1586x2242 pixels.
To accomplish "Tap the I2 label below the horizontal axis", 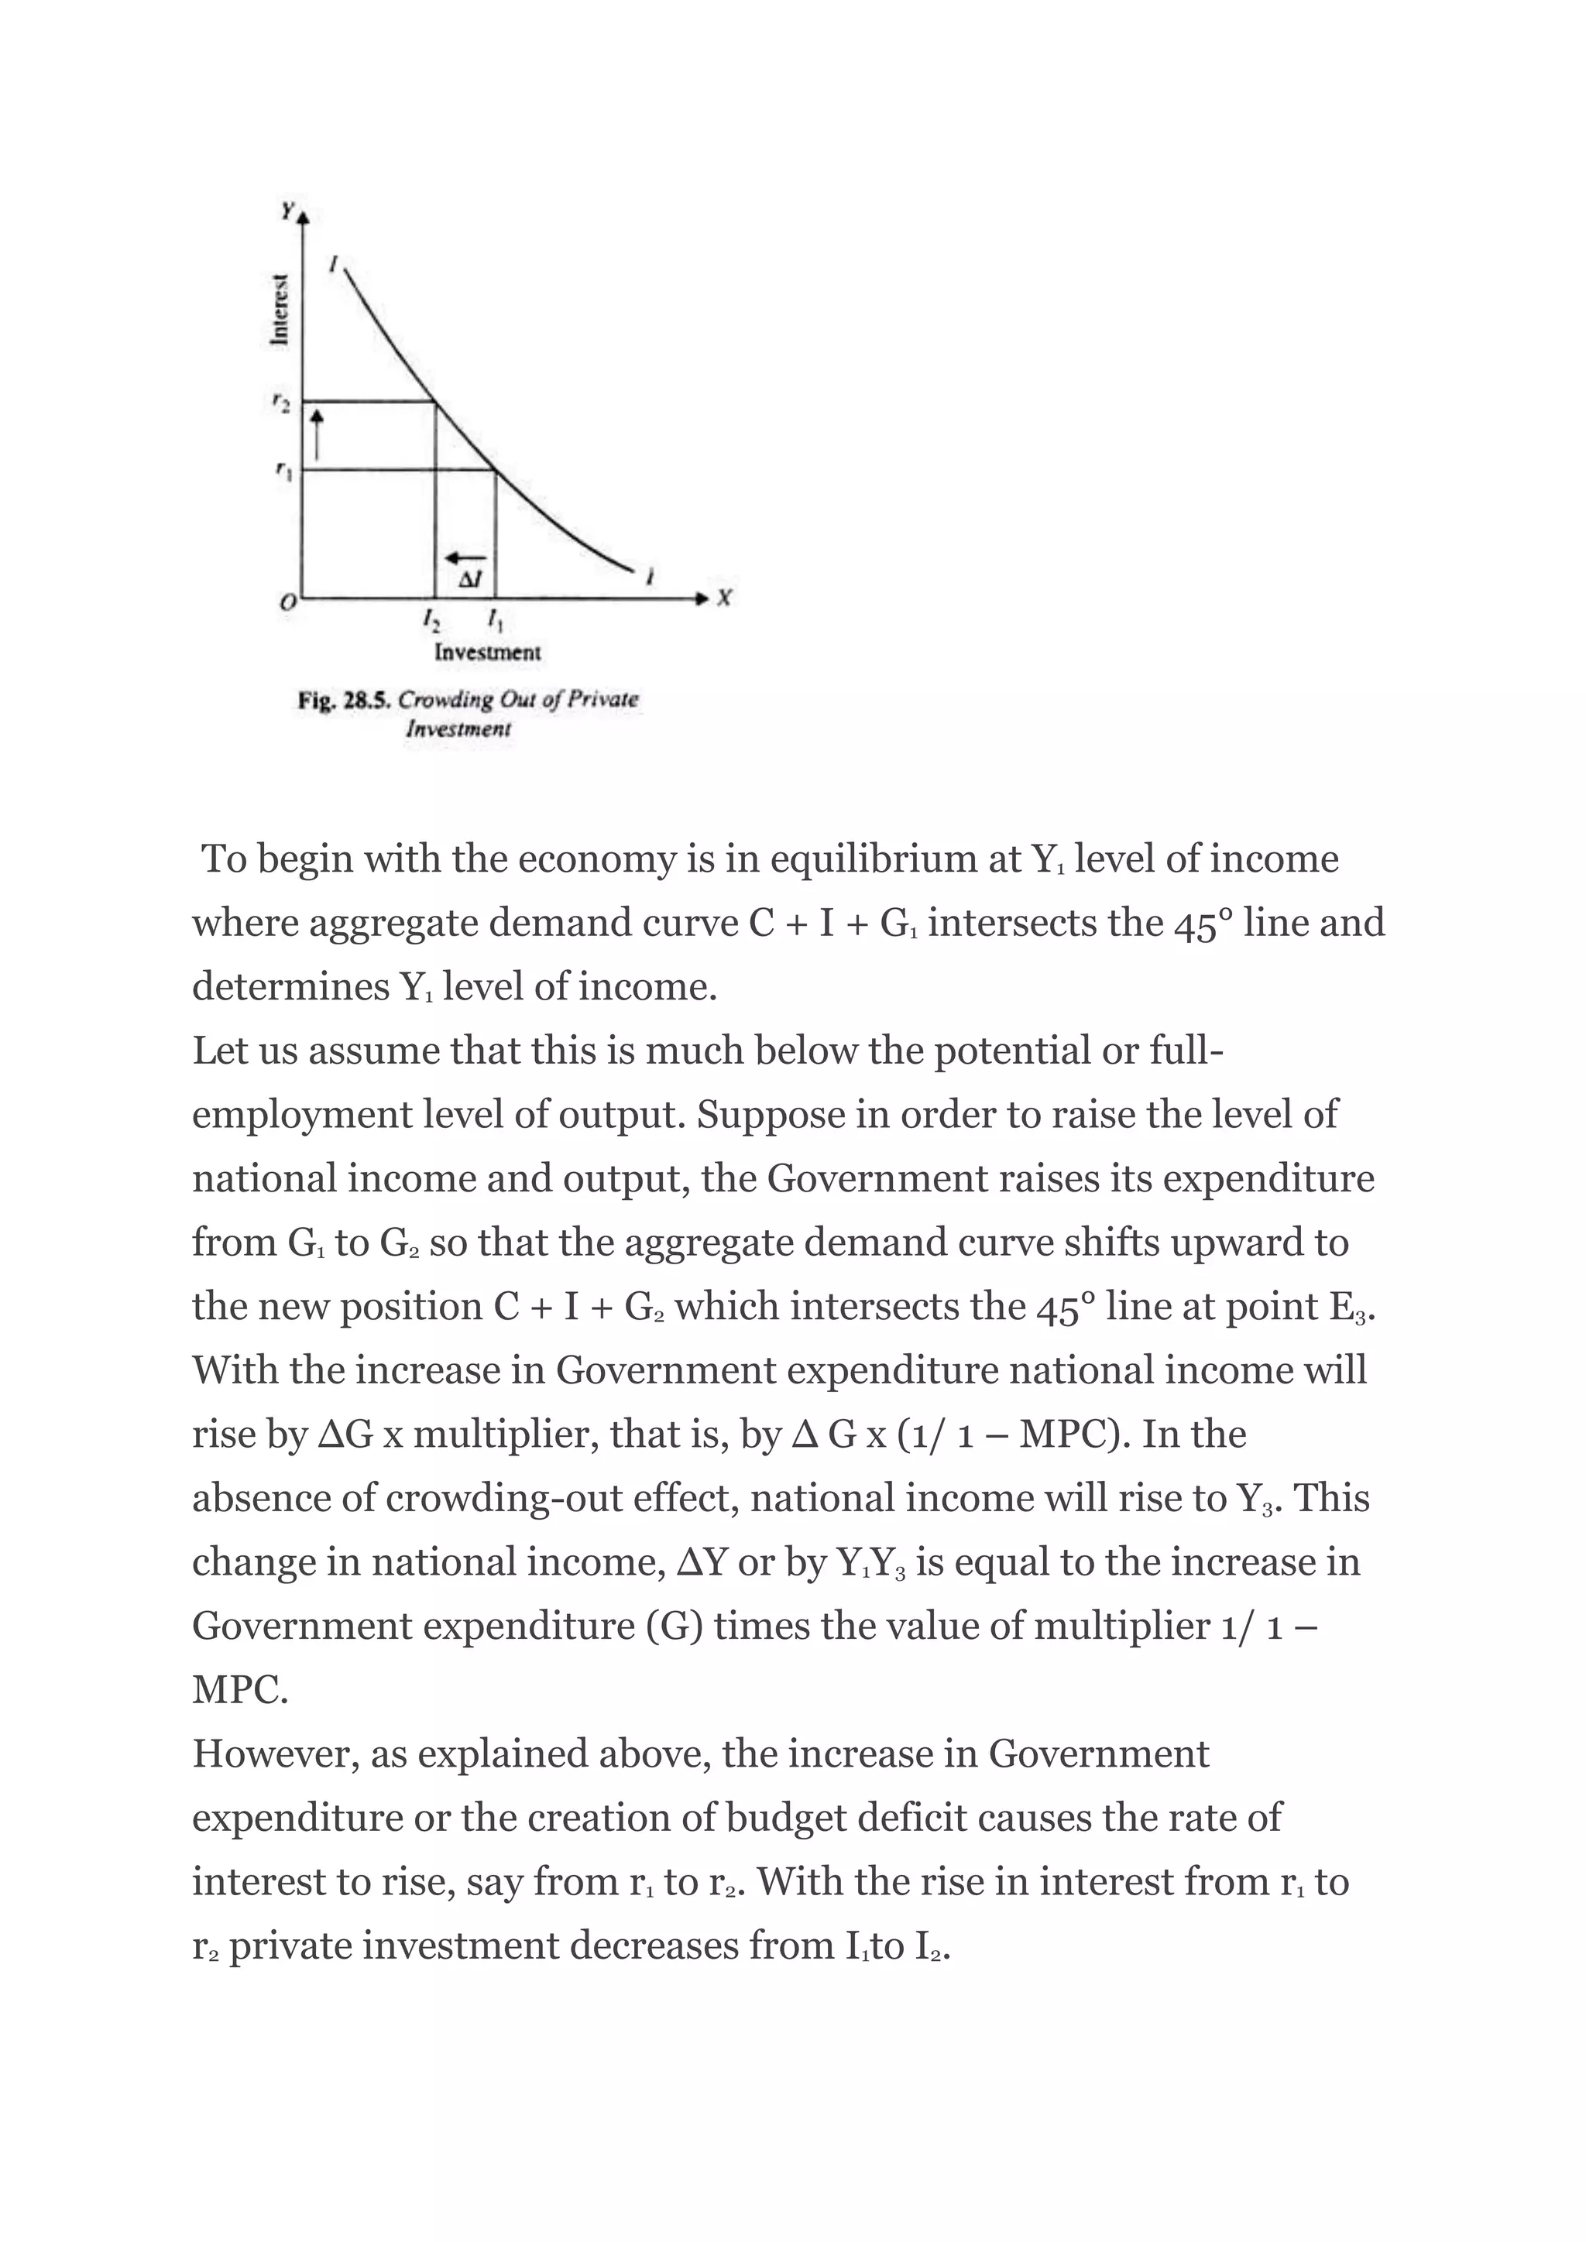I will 430,619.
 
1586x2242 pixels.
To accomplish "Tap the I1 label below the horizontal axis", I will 495,619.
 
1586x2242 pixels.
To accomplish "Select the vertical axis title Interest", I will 280,309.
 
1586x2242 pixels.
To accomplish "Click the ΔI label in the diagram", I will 470,579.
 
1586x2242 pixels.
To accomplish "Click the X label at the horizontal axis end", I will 723,598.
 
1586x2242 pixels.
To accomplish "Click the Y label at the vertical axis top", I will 287,210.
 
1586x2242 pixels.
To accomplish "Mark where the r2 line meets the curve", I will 434,400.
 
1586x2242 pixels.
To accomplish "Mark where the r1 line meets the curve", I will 495,470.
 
